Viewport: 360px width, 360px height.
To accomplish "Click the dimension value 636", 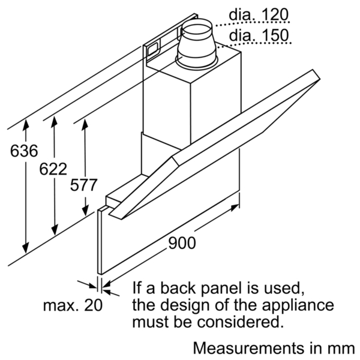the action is pos(24,151).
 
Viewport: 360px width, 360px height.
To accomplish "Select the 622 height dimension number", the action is pos(53,169).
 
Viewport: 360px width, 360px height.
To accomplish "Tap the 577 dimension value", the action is pos(83,185).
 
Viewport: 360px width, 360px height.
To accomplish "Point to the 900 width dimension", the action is pos(182,243).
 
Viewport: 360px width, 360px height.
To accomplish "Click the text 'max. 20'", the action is pos(73,305).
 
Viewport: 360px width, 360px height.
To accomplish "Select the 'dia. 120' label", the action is pos(259,14).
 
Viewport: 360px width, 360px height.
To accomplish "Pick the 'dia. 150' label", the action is pos(259,35).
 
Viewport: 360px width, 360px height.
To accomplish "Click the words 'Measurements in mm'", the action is pos(274,348).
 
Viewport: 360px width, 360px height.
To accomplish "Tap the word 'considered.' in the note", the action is pos(239,322).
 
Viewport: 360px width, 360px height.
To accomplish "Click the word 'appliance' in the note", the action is pos(298,306).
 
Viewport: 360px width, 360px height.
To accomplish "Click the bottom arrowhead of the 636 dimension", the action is pos(26,248).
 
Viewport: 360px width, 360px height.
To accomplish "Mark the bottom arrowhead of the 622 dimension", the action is pos(55,230).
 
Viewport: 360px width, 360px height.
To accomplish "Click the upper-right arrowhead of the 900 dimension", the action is pos(235,208).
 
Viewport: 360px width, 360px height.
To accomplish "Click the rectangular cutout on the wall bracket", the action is pos(152,50).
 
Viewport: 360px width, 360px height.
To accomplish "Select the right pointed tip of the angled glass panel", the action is pos(319,79).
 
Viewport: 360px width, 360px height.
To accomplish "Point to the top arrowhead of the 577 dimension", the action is pos(85,124).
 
